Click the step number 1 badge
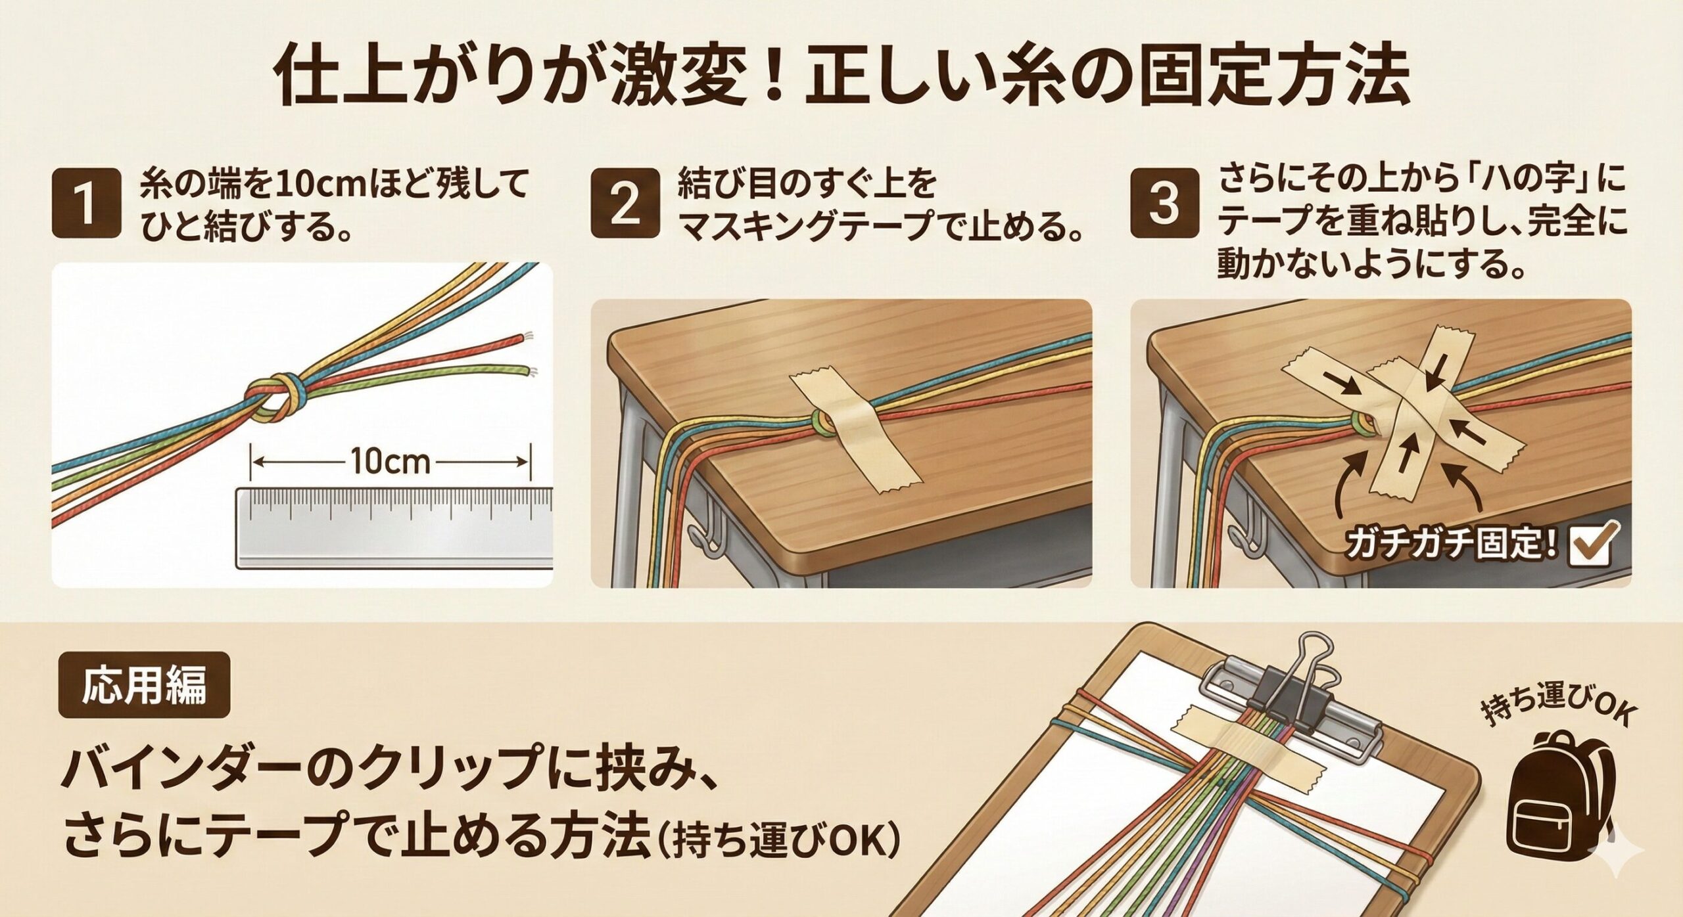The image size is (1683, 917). (86, 203)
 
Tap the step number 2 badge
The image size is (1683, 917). (625, 203)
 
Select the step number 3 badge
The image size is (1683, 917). (1164, 203)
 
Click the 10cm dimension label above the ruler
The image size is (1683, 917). (391, 462)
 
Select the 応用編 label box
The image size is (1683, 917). (144, 684)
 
